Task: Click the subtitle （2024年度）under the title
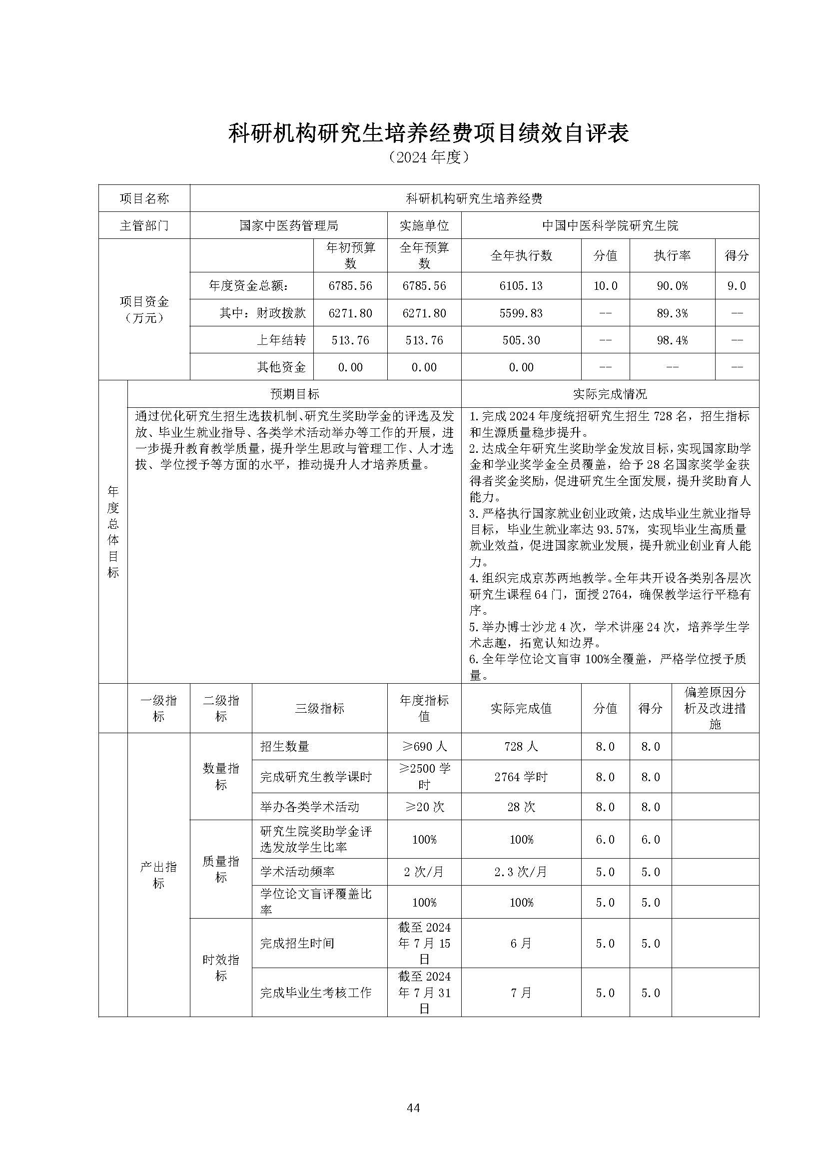[x=428, y=157]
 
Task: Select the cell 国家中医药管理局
[x=289, y=225]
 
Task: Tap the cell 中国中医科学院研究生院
[x=610, y=225]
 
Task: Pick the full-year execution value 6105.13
[x=521, y=286]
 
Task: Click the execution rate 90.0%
[x=672, y=286]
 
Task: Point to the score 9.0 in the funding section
[x=737, y=286]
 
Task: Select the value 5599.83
[x=521, y=313]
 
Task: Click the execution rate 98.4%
[x=672, y=340]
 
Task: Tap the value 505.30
[x=521, y=340]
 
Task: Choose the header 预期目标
[x=294, y=394]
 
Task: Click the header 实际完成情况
[x=610, y=394]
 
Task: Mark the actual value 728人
[x=521, y=747]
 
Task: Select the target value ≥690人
[x=424, y=747]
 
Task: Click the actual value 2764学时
[x=521, y=777]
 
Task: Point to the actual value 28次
[x=521, y=807]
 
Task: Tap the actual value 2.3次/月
[x=521, y=872]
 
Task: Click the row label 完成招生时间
[x=297, y=944]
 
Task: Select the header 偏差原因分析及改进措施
[x=715, y=708]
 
